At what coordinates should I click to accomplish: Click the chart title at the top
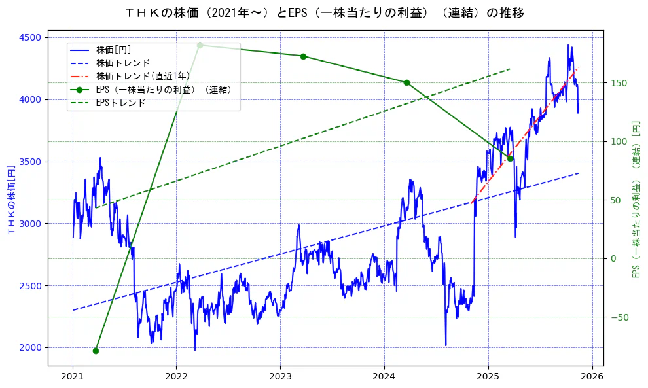324,12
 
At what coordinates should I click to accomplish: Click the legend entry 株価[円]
114,50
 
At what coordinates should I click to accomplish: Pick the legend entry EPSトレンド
120,103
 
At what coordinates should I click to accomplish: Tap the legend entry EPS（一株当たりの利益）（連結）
164,90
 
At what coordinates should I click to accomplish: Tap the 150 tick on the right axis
619,83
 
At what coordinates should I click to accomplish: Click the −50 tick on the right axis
619,317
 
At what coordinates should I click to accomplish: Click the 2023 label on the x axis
280,377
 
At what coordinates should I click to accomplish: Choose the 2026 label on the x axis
592,377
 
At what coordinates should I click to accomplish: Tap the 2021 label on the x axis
73,377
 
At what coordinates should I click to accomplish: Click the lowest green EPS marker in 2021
96,351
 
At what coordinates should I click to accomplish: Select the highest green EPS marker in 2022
200,45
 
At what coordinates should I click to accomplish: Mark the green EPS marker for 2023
303,56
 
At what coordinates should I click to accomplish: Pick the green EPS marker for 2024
406,82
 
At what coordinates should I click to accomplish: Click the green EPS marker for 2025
510,158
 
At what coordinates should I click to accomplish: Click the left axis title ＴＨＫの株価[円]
10,200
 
